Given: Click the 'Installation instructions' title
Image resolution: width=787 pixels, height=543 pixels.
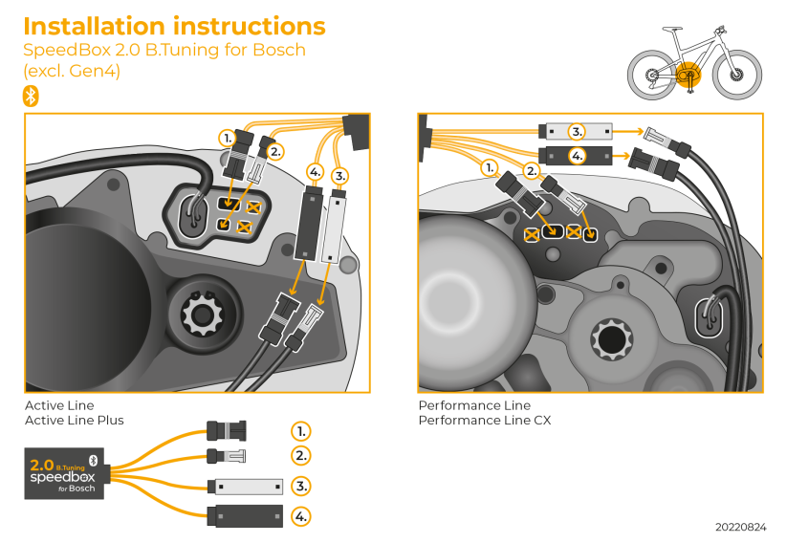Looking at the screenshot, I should coord(174,26).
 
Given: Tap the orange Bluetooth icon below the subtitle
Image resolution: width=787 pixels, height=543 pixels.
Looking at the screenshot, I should coord(32,95).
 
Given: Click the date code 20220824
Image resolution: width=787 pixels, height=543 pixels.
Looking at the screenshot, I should coord(740,527).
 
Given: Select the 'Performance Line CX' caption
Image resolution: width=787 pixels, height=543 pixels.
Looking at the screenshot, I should coord(484,421).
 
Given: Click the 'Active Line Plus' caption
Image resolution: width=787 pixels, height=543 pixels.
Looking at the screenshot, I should coord(74,421).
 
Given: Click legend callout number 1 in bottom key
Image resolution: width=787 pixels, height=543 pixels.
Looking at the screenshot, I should coord(301,431).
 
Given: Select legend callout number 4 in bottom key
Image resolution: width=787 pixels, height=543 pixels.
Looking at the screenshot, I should coord(301,516).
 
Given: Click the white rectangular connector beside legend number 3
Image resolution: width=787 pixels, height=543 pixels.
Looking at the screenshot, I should coord(246,487).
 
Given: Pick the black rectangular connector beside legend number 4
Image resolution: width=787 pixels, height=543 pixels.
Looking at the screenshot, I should coord(246,516).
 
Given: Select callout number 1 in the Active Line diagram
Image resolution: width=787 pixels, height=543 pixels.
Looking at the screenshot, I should coord(227,138).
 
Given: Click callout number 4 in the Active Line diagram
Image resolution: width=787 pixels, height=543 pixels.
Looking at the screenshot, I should coord(316,172).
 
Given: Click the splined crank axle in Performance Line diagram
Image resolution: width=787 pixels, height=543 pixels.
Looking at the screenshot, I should coord(608,338).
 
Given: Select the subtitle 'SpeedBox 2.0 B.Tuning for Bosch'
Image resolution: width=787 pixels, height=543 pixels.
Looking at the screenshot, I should coord(164,50).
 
